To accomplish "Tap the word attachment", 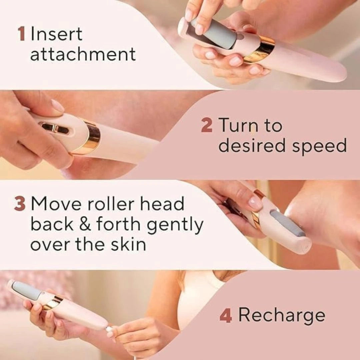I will pyautogui.click(x=83, y=54).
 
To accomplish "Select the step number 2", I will pyautogui.click(x=207, y=126).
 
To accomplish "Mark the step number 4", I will pyautogui.click(x=226, y=315).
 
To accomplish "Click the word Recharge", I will pyautogui.click(x=282, y=315).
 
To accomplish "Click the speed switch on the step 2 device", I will pyautogui.click(x=54, y=128).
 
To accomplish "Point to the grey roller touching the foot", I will pyautogui.click(x=287, y=223).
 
